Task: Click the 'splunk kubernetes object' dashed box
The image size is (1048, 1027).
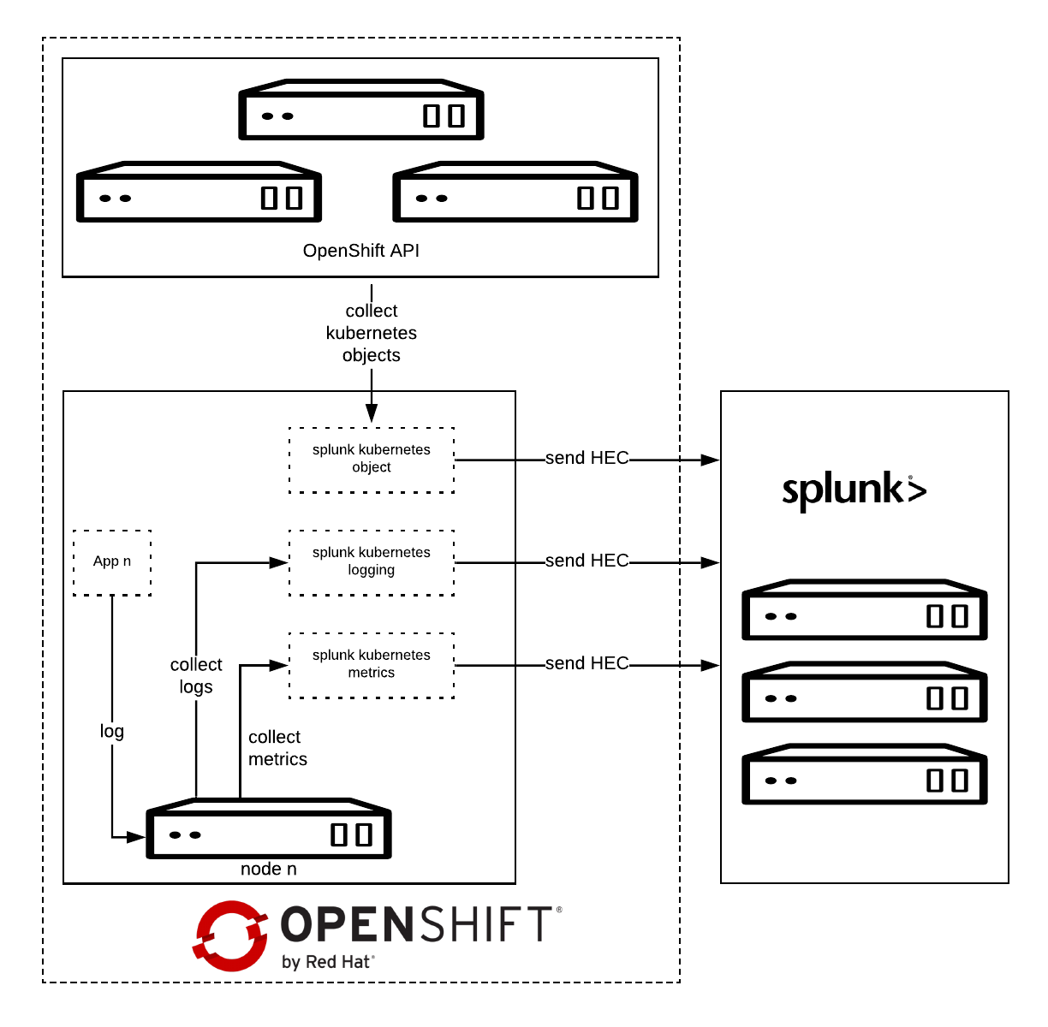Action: point(372,460)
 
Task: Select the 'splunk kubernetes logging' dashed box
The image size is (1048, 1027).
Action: point(372,562)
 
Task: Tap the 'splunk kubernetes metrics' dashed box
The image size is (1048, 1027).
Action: point(372,665)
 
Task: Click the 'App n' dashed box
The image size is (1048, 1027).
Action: point(112,562)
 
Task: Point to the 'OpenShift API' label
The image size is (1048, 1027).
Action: point(361,251)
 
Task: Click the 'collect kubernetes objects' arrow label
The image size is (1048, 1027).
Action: point(372,333)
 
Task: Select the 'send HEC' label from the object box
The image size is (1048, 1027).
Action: point(587,459)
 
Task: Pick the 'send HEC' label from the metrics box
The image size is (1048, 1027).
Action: point(587,664)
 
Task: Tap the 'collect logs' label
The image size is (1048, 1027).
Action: point(196,676)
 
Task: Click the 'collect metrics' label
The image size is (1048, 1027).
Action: point(277,748)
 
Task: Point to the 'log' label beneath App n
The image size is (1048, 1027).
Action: point(112,732)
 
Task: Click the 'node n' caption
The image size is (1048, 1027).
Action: point(269,870)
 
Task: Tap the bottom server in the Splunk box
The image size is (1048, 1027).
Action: point(865,775)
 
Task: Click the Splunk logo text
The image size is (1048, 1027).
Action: point(854,490)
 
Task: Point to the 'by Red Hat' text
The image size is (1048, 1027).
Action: point(328,962)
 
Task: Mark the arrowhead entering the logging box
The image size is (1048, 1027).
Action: point(279,562)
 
